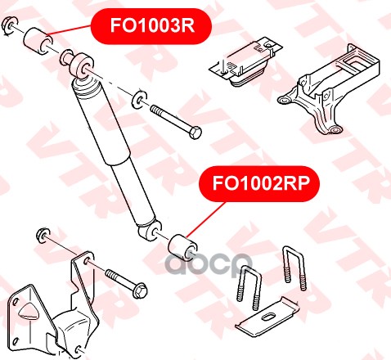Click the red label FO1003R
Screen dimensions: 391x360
pyautogui.click(x=151, y=26)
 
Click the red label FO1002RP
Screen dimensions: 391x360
pyautogui.click(x=259, y=183)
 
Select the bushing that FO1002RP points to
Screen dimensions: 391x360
pyautogui.click(x=182, y=247)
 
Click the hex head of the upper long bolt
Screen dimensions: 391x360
pyautogui.click(x=195, y=133)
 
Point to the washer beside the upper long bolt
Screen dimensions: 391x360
pyautogui.click(x=139, y=100)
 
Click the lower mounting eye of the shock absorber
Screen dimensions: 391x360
pyautogui.click(x=151, y=231)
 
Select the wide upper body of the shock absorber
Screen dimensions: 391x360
pyautogui.click(x=101, y=120)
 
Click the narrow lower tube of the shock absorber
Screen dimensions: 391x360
pyautogui.click(x=133, y=192)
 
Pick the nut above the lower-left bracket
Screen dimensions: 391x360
pyautogui.click(x=43, y=235)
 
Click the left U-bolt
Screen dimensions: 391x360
pyautogui.click(x=248, y=287)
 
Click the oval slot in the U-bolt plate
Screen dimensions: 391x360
pyautogui.click(x=266, y=317)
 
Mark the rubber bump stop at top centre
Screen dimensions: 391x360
pyautogui.click(x=246, y=61)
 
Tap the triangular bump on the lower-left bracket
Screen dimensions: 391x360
pyautogui.click(x=28, y=311)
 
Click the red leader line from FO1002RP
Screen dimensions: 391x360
pyautogui.click(x=206, y=219)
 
